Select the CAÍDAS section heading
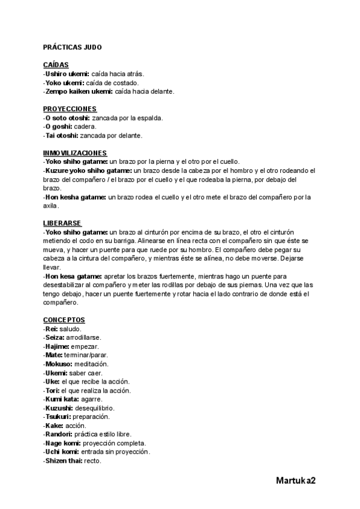point(56,65)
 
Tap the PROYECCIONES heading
point(70,109)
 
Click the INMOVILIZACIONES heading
point(75,152)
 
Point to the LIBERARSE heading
point(62,223)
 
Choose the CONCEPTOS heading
point(64,319)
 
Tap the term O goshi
point(59,127)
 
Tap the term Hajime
point(58,346)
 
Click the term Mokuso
point(59,364)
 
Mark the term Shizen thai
point(65,460)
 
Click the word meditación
point(91,364)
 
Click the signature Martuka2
point(296,481)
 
